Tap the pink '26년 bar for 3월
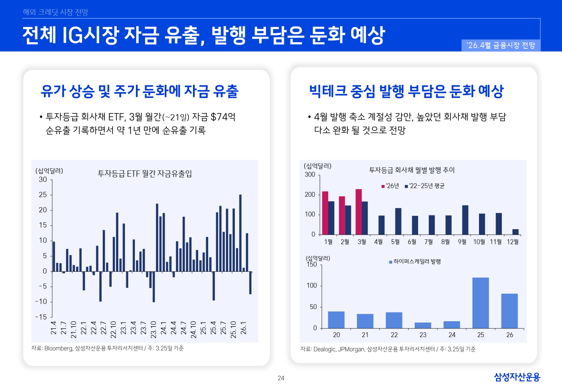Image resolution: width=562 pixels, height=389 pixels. [x=359, y=212]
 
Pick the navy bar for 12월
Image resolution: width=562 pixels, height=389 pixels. [x=515, y=232]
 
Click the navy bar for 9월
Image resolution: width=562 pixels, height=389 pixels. [x=465, y=220]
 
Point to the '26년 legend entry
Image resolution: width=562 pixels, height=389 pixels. [x=390, y=186]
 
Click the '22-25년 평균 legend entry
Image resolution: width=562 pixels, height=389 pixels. [x=425, y=186]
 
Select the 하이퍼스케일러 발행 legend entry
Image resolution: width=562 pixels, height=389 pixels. [x=415, y=262]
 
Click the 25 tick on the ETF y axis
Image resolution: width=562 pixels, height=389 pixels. [x=43, y=195]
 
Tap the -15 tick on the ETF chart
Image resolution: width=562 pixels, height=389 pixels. [x=41, y=317]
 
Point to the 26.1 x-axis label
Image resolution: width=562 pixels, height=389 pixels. [x=243, y=328]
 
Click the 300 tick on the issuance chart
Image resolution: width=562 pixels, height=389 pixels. [x=310, y=175]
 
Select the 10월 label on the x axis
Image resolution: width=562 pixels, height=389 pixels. [x=479, y=242]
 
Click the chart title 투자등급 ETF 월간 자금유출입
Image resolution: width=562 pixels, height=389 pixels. [x=145, y=174]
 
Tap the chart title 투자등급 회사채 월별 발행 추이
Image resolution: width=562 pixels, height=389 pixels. [x=412, y=170]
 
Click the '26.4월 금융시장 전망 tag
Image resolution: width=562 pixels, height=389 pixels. [x=500, y=45]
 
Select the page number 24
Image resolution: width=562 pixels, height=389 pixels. [x=281, y=378]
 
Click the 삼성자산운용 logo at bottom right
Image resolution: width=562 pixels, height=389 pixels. [x=517, y=377]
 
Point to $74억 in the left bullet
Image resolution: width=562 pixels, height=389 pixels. [x=223, y=117]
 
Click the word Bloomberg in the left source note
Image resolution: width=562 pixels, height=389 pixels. [x=58, y=348]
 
